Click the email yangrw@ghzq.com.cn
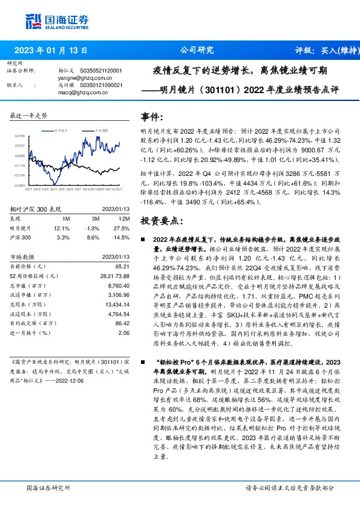tap(69, 78)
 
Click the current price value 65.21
tap(123, 266)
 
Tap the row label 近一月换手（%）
tap(33, 332)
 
